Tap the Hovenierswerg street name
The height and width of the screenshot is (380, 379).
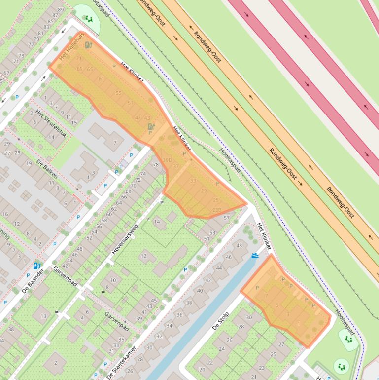pyautogui.click(x=125, y=239)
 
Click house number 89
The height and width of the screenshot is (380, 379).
pyautogui.click(x=61, y=10)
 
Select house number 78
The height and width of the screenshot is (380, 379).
pyautogui.click(x=156, y=165)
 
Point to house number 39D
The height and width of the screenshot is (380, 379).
pyautogui.click(x=168, y=160)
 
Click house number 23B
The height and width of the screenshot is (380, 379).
pyautogui.click(x=216, y=210)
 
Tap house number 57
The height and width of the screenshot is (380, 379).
pyautogui.click(x=227, y=218)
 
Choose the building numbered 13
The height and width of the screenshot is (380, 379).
pyautogui.click(x=43, y=316)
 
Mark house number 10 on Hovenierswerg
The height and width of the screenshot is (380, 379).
pyautogui.click(x=113, y=280)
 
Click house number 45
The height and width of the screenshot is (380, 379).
pyautogui.click(x=154, y=301)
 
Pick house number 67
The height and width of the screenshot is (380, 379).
pyautogui.click(x=6, y=73)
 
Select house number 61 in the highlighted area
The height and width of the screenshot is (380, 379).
pyautogui.click(x=102, y=79)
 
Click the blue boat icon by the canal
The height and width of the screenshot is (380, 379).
pyautogui.click(x=254, y=255)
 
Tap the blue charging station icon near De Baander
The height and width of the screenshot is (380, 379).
pyautogui.click(x=36, y=266)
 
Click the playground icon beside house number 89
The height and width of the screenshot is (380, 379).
pyautogui.click(x=89, y=19)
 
